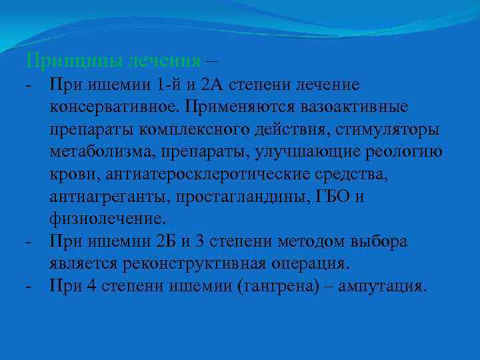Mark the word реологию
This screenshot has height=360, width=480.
tap(408, 151)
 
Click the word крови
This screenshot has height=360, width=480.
tap(69, 174)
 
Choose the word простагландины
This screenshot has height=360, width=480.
tap(220, 197)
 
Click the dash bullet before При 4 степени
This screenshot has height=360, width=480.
tap(27, 286)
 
